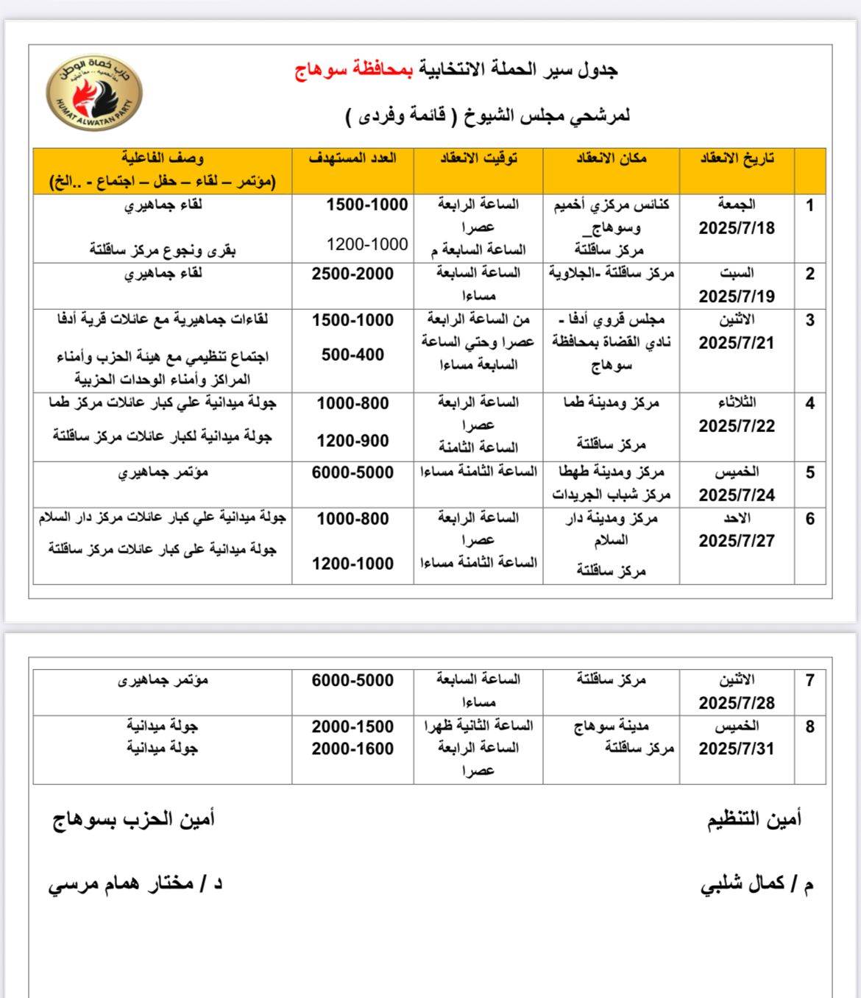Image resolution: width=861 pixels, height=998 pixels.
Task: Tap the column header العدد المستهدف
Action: (x=352, y=158)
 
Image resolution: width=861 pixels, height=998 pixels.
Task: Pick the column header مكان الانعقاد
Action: (x=611, y=158)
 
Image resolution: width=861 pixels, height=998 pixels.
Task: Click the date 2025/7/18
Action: (x=737, y=227)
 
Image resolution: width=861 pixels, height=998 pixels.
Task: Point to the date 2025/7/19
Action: (x=737, y=297)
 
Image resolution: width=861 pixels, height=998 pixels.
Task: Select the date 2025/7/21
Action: (x=737, y=343)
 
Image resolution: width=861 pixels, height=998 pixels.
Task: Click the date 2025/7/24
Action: (x=737, y=495)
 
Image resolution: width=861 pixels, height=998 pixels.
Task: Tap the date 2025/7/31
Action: (x=737, y=749)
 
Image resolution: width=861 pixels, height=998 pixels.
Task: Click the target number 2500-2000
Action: (x=352, y=274)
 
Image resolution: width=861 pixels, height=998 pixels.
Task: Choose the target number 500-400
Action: (x=352, y=355)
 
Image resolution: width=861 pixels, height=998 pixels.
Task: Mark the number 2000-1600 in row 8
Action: (x=352, y=749)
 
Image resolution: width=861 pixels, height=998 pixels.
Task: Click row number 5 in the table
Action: (x=809, y=473)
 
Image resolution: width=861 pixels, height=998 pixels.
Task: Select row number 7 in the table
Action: (x=809, y=681)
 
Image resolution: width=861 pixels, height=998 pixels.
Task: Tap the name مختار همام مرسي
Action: (x=125, y=884)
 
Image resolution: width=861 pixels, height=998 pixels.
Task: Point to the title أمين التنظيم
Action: (x=754, y=819)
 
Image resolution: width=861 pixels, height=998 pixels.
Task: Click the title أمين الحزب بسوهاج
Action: (x=134, y=819)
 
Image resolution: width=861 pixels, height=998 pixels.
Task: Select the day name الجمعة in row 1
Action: (x=737, y=205)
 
